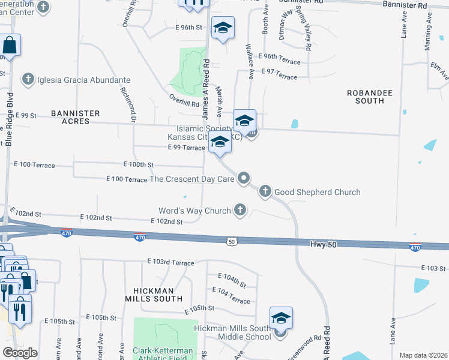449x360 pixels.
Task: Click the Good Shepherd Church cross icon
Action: coord(265,192)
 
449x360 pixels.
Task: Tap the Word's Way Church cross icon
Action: coord(240,210)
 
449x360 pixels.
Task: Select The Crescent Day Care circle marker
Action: coord(244,178)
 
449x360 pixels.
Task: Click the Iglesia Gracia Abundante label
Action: coord(83,79)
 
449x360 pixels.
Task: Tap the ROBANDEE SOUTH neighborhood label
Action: coord(365,97)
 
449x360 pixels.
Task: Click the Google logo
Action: coord(20,353)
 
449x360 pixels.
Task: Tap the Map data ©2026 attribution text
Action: coord(423,355)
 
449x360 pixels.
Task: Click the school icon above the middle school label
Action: coord(280,318)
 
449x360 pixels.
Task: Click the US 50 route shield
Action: coord(232,241)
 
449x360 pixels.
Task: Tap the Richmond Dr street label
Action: coord(128,102)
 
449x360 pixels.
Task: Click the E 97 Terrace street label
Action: coord(279,77)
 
